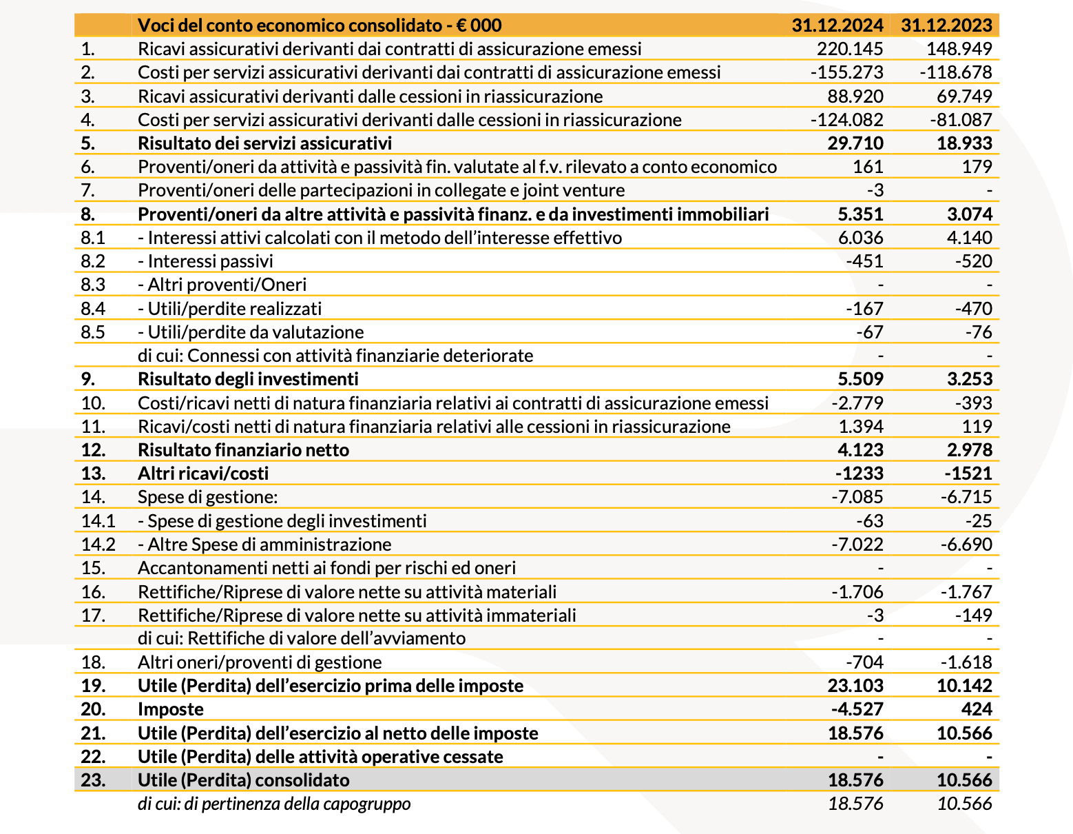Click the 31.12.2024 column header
click(x=837, y=26)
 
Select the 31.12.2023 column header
click(x=946, y=26)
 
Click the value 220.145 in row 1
click(x=849, y=49)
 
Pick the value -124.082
click(x=846, y=120)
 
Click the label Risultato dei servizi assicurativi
click(x=264, y=143)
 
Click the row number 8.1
click(x=92, y=238)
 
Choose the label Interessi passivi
click(x=210, y=261)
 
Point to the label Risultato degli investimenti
click(x=248, y=379)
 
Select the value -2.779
click(x=857, y=403)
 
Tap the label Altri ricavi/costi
click(x=203, y=474)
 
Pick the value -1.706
click(x=857, y=592)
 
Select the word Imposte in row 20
click(x=171, y=709)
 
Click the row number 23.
click(x=93, y=780)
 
